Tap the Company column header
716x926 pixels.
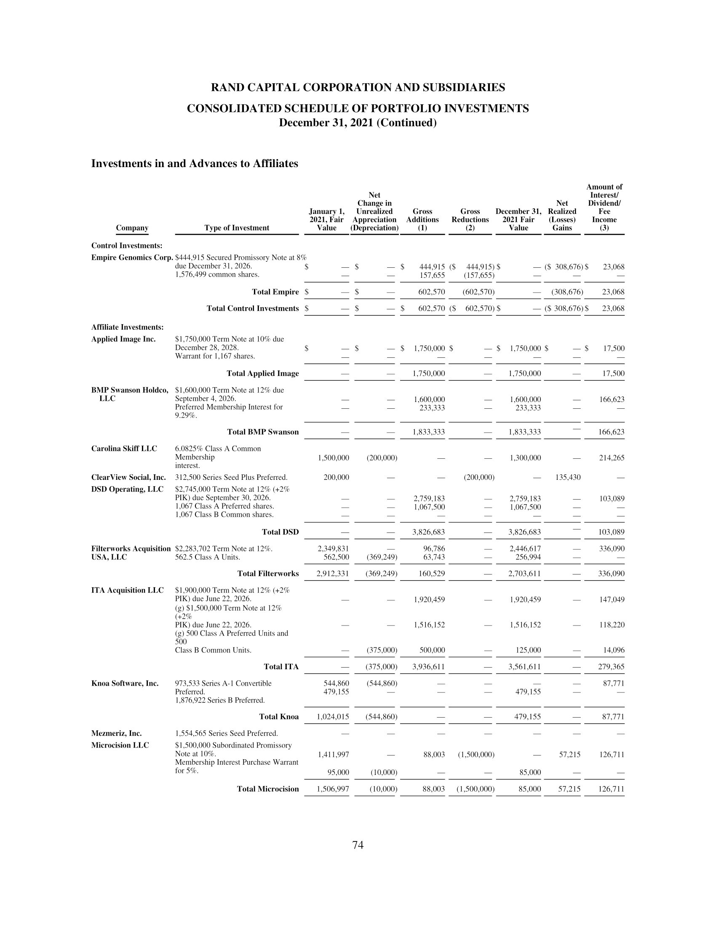tap(132, 228)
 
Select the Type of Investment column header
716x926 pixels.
tap(237, 228)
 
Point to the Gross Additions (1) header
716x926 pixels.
tap(422, 220)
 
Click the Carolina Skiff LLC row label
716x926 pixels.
tap(124, 449)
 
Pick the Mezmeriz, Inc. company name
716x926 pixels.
tap(116, 733)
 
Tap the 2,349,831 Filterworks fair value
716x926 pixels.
tap(334, 548)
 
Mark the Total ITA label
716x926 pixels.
tap(281, 667)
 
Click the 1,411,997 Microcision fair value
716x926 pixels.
tap(334, 754)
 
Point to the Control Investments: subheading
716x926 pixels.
tap(127, 245)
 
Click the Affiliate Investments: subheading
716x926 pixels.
tap(127, 327)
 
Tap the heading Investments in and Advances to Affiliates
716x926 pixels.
tap(195, 164)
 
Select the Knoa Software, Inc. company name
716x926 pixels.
tap(125, 683)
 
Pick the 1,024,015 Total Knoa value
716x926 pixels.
tap(333, 716)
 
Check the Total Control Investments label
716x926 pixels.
tap(252, 308)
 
